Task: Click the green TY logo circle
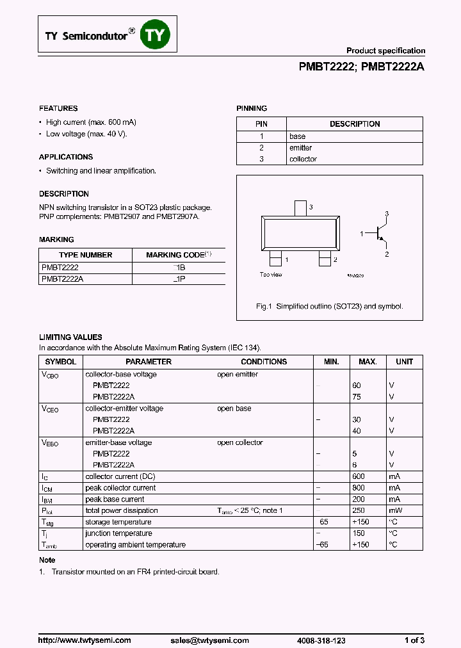(155, 35)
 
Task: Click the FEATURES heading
(58, 108)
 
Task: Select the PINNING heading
(252, 108)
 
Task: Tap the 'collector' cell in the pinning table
(303, 159)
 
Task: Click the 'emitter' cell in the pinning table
(300, 147)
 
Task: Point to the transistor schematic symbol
(380, 234)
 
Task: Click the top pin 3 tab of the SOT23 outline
(300, 209)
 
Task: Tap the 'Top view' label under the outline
(271, 275)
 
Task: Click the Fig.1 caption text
(329, 307)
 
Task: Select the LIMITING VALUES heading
(70, 337)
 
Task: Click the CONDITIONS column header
(264, 362)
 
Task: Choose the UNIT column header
(404, 362)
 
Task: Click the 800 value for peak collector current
(358, 488)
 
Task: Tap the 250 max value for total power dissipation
(358, 510)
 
